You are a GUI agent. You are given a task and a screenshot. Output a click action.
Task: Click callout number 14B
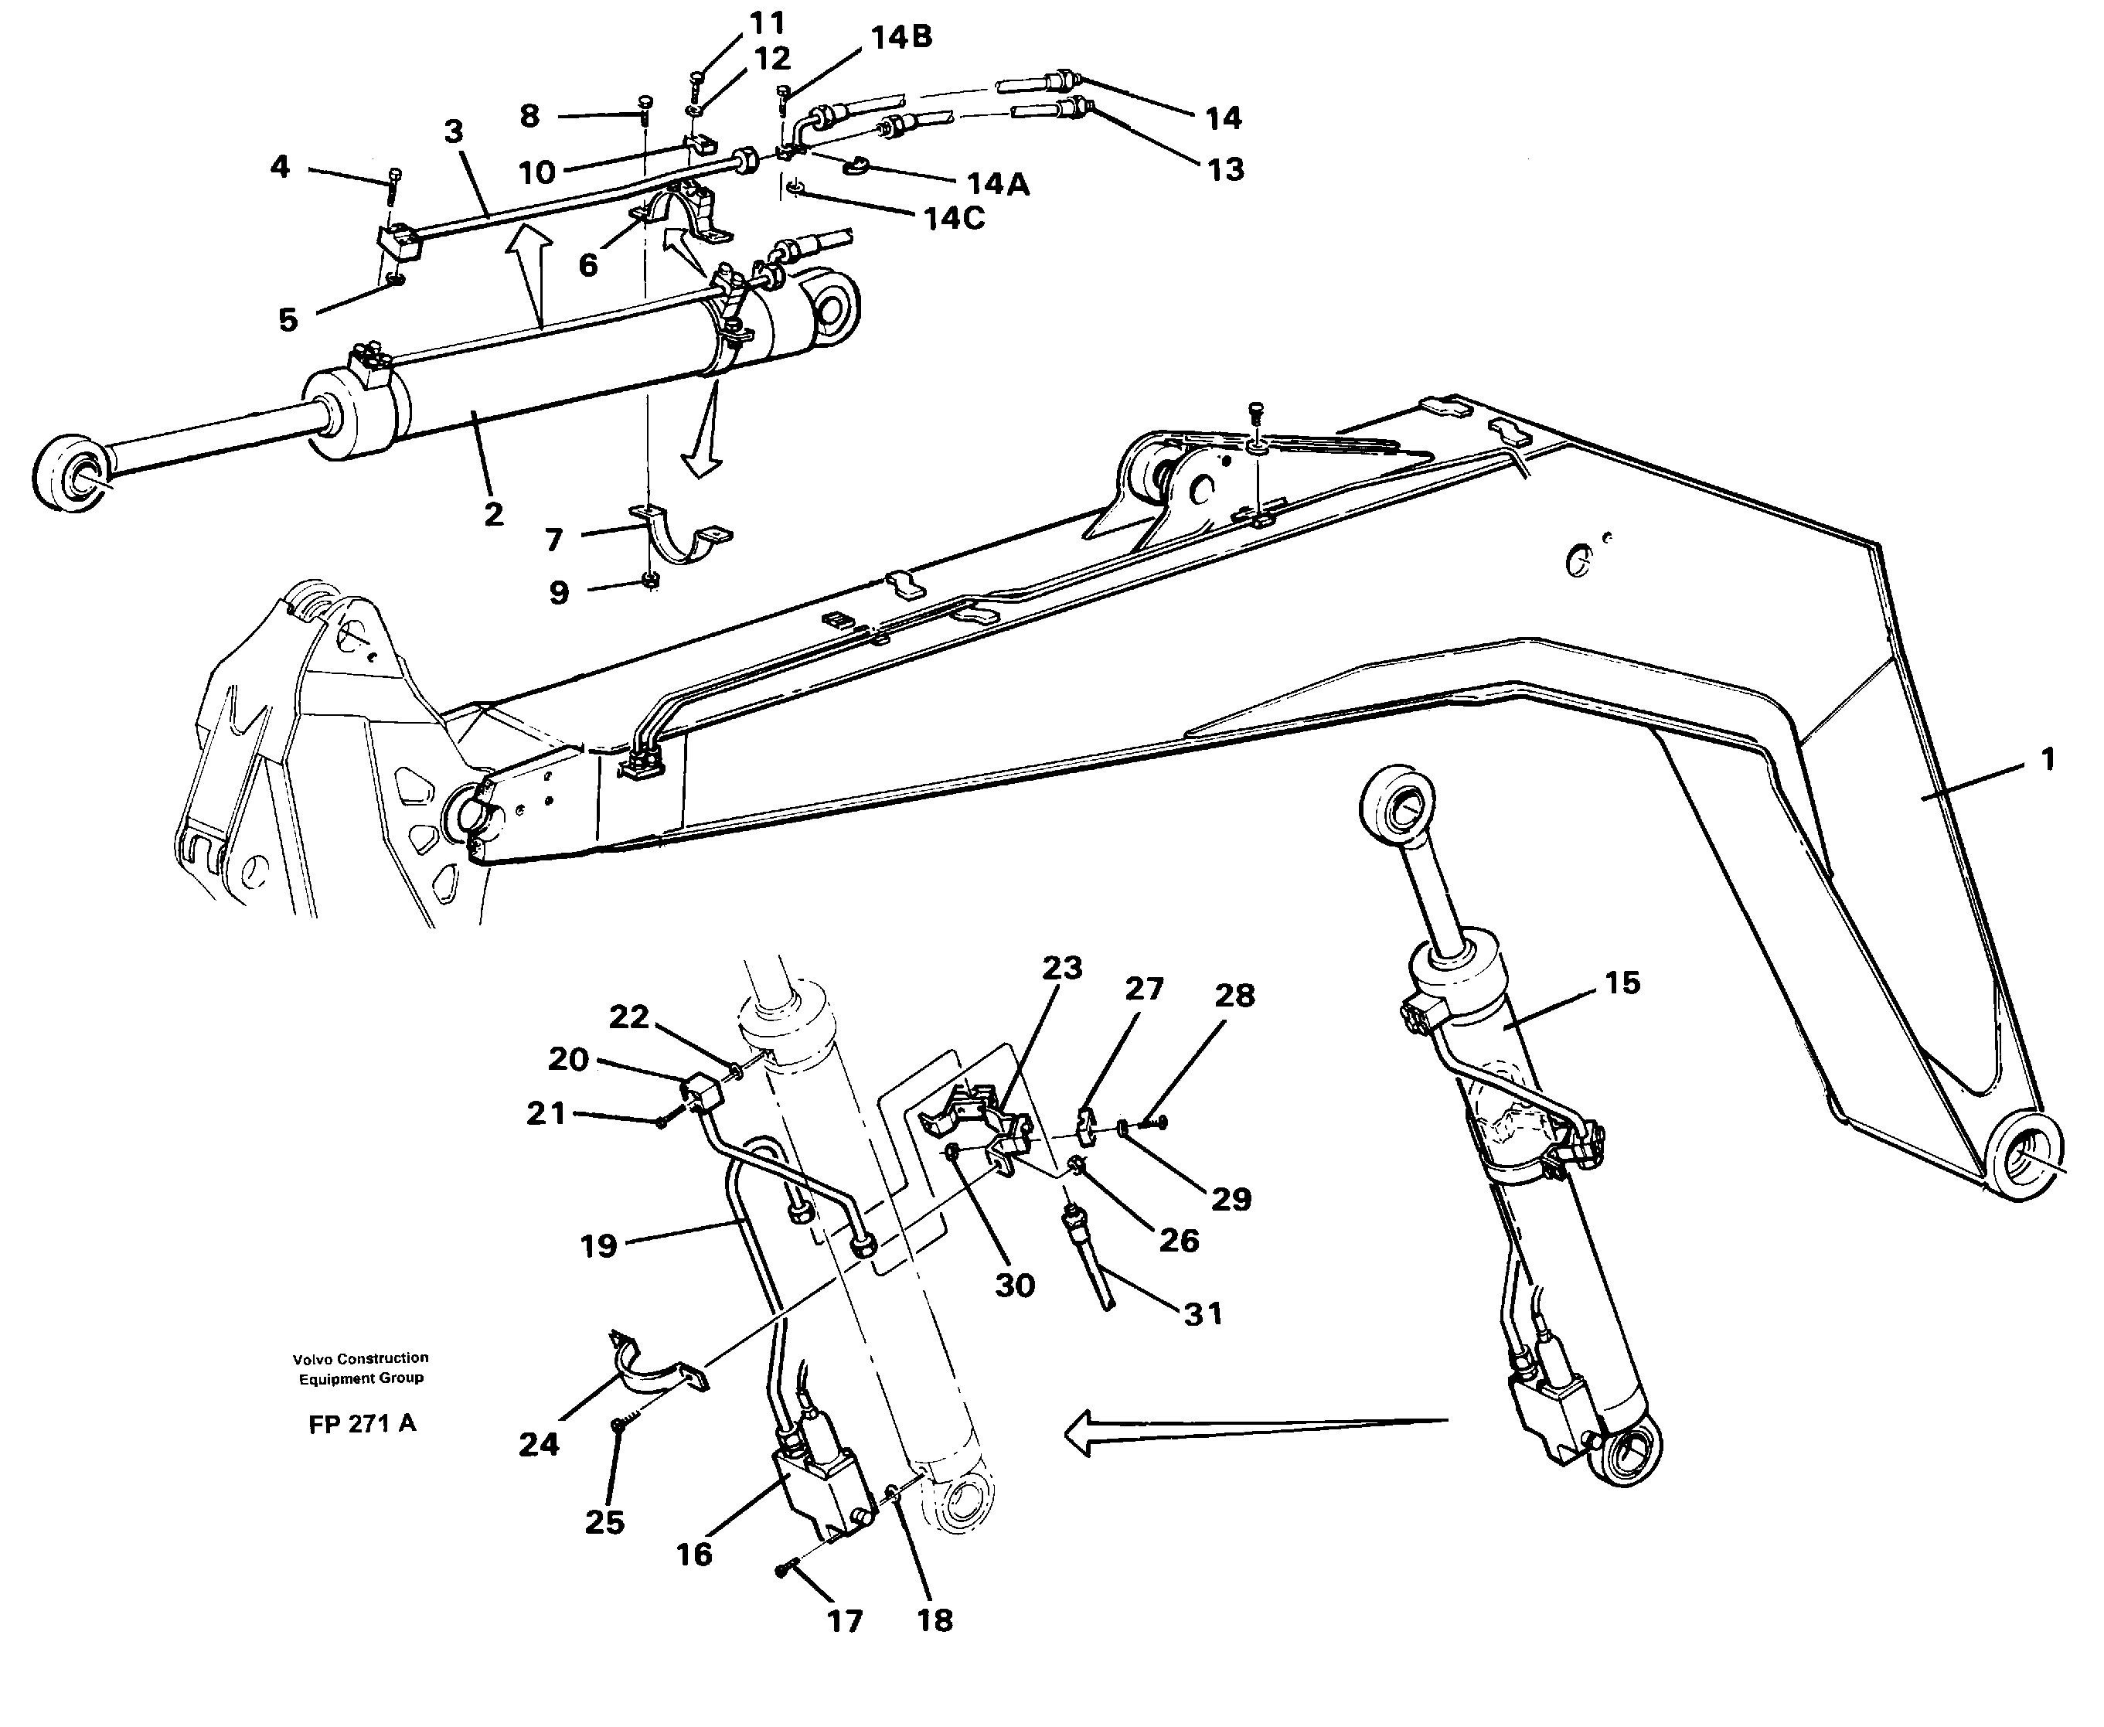(x=900, y=38)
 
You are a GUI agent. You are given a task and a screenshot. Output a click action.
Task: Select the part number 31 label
(x=1202, y=1314)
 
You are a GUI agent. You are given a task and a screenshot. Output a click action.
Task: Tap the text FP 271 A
(x=362, y=1425)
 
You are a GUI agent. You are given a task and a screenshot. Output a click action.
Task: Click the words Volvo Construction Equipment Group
(x=360, y=1368)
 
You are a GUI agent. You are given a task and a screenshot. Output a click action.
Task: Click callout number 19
(x=599, y=1245)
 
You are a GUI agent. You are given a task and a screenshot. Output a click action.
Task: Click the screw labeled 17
(x=782, y=1570)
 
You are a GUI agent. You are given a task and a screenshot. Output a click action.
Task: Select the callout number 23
(x=1061, y=967)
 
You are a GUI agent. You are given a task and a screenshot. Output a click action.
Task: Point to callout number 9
(x=559, y=593)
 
